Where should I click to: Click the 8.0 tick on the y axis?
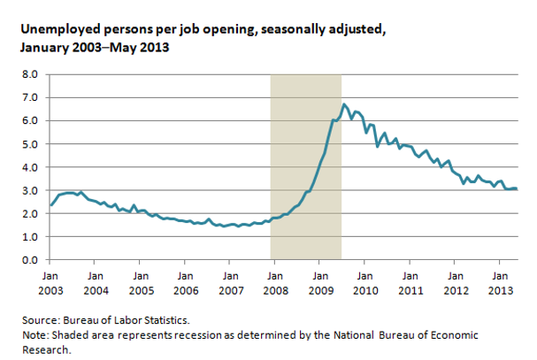point(29,74)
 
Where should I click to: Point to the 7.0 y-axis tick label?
point(29,97)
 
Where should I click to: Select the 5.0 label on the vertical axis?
point(29,144)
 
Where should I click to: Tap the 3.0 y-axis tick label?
point(29,190)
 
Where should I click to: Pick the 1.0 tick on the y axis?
point(29,237)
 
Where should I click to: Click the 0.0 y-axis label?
point(29,260)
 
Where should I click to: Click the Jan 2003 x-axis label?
point(50,281)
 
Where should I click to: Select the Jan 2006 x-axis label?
point(185,281)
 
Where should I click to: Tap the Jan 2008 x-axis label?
point(275,281)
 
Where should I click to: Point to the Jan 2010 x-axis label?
point(365,281)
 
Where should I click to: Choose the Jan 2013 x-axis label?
point(500,281)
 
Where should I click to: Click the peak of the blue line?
point(344,104)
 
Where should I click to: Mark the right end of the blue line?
point(517,189)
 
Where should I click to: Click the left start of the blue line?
point(50,205)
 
